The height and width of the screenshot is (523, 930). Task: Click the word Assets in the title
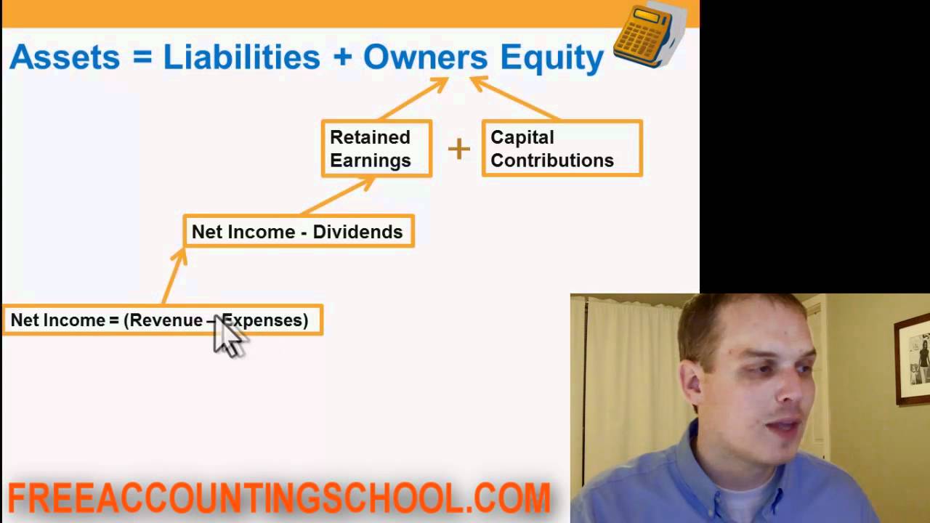click(64, 57)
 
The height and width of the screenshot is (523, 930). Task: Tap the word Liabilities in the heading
click(241, 57)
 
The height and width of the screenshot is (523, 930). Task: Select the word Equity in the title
click(551, 57)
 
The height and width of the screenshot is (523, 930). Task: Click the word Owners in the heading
click(425, 57)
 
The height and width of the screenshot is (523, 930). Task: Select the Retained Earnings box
click(376, 149)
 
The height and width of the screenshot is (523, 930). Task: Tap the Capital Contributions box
click(562, 149)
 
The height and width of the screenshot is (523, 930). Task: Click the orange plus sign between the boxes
click(458, 149)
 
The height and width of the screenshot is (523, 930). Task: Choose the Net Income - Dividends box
click(298, 232)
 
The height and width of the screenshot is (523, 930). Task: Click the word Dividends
click(357, 232)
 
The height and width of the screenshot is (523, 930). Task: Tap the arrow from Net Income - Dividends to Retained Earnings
click(338, 196)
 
